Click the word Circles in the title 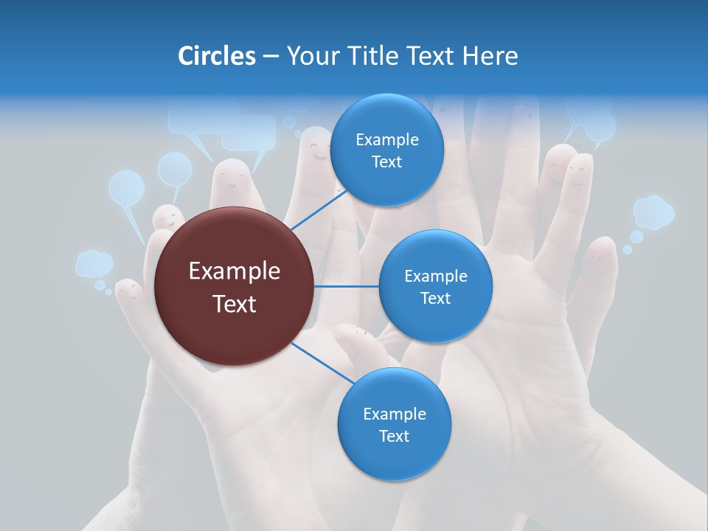pyautogui.click(x=216, y=56)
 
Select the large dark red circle pyautogui.click(x=234, y=286)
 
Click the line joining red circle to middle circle pyautogui.click(x=346, y=286)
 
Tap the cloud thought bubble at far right pyautogui.click(x=653, y=212)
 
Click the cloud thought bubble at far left pyautogui.click(x=94, y=263)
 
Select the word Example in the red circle pyautogui.click(x=234, y=271)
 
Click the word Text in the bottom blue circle pyautogui.click(x=394, y=436)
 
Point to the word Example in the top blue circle pyautogui.click(x=386, y=140)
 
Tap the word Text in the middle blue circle pyautogui.click(x=435, y=298)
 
